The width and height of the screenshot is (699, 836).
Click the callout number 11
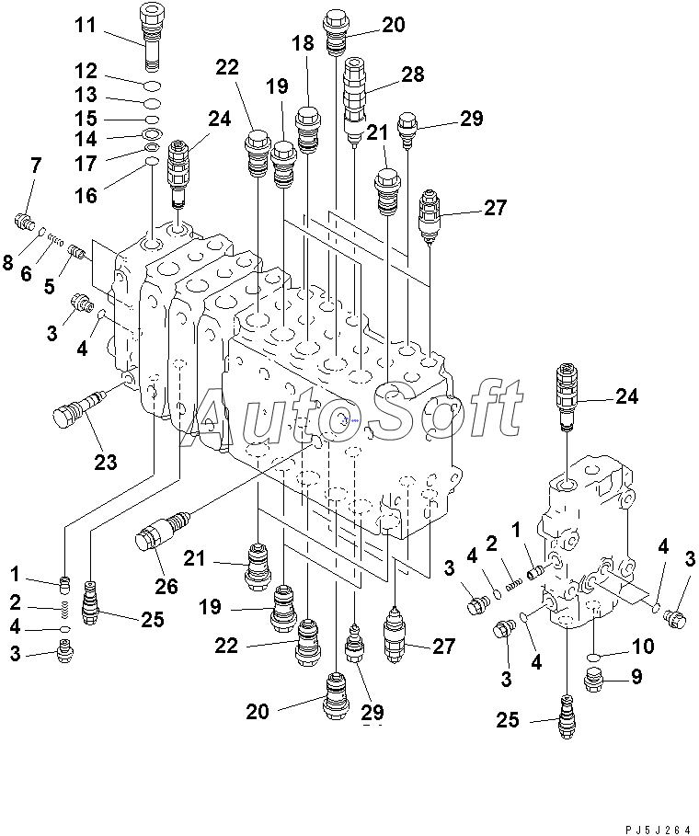click(85, 25)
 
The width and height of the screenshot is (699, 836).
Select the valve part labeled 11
click(150, 35)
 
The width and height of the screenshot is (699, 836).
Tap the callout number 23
click(106, 462)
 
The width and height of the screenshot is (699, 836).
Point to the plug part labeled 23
click(75, 408)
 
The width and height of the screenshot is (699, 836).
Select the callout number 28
click(413, 74)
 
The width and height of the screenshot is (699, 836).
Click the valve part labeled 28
click(354, 97)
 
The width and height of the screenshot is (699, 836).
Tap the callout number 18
click(303, 42)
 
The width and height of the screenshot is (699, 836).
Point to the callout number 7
click(36, 166)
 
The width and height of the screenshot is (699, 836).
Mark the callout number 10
click(643, 647)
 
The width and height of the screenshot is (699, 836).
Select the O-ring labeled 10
click(596, 654)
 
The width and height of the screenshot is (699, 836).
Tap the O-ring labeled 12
click(153, 86)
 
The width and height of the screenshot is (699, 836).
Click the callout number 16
click(86, 195)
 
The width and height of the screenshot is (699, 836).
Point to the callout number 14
click(86, 139)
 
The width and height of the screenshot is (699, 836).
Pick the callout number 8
click(8, 264)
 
